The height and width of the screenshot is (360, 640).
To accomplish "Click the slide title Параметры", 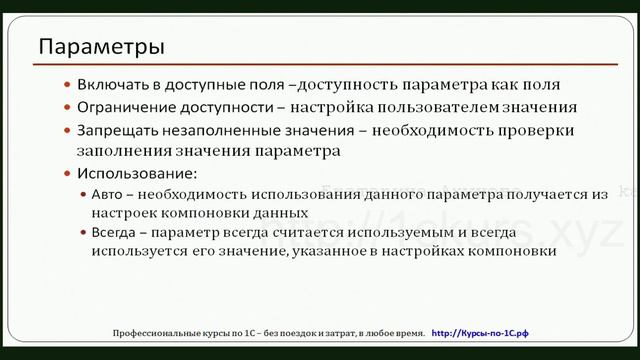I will (x=101, y=47).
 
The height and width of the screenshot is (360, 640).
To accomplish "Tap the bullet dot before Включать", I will (x=67, y=86).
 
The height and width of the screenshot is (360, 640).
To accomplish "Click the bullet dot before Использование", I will (x=67, y=174).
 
